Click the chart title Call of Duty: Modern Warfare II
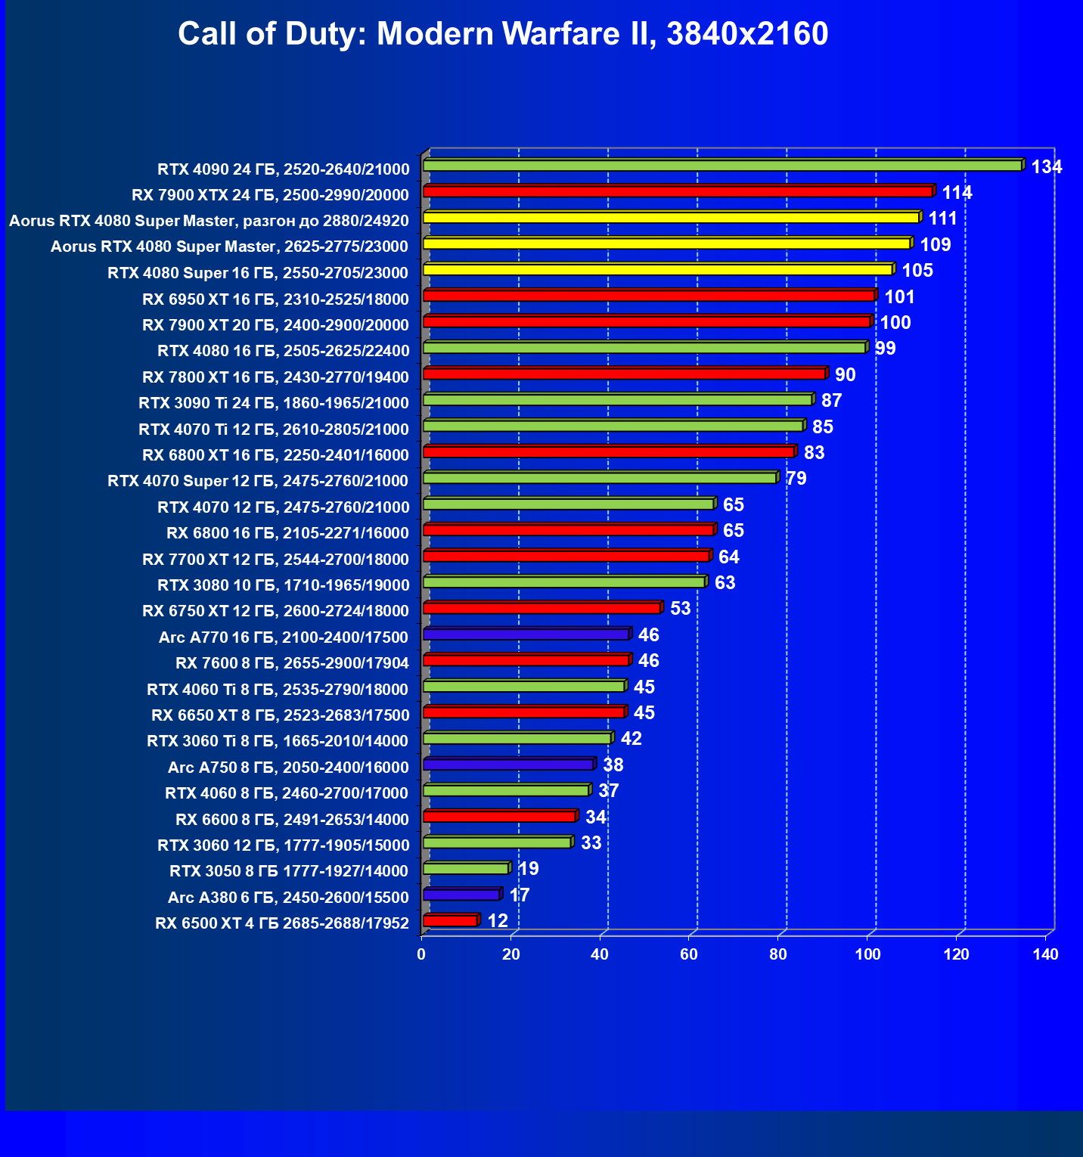503,34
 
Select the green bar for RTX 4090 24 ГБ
722,166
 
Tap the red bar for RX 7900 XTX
678,191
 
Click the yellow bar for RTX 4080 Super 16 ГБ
658,270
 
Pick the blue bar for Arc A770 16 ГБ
526,634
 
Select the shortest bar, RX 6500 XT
450,920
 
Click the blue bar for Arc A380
461,895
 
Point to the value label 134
1047,167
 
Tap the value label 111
942,219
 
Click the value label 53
680,609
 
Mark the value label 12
498,921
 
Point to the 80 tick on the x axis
778,954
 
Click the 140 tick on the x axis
1045,954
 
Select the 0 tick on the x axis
421,954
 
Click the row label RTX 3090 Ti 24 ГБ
274,403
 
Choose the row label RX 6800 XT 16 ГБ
275,455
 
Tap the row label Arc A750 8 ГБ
288,768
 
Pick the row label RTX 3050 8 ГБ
289,871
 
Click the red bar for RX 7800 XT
624,374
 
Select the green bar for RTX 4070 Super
600,478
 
